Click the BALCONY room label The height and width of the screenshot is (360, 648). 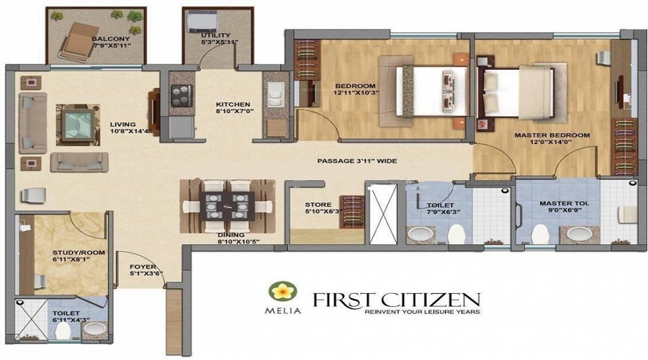(111, 39)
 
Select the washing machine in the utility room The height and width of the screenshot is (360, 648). (202, 22)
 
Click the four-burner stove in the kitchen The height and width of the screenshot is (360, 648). (181, 96)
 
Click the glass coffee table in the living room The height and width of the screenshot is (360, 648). (78, 125)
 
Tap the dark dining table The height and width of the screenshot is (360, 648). (227, 206)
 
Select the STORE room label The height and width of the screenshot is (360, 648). (318, 204)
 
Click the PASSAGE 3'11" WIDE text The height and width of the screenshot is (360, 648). (357, 161)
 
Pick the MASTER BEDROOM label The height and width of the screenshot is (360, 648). (552, 135)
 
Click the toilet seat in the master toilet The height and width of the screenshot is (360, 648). (539, 234)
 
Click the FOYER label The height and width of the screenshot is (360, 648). (143, 267)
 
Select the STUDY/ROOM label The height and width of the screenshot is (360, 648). (78, 253)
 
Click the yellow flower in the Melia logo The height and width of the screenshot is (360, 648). (283, 292)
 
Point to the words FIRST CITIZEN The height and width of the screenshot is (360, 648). (396, 300)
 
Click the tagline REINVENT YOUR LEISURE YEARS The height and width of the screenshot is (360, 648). (422, 312)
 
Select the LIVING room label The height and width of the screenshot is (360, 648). (122, 124)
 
